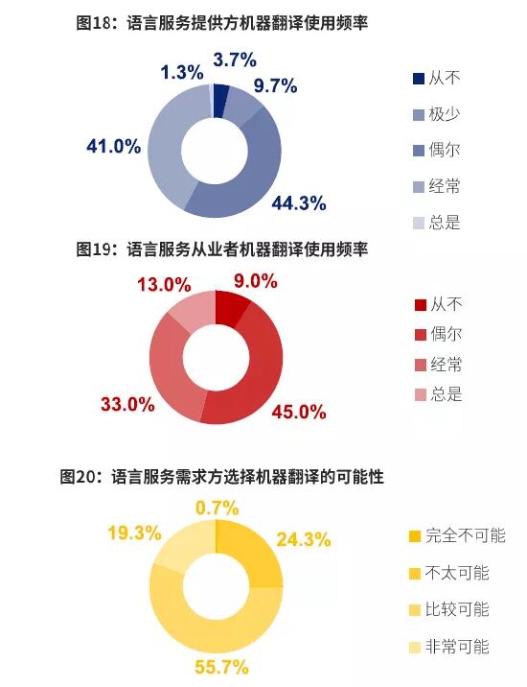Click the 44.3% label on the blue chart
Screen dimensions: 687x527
[299, 203]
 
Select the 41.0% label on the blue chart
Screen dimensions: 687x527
[114, 147]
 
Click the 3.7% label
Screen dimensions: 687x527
[235, 59]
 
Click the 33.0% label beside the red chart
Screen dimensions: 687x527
[128, 404]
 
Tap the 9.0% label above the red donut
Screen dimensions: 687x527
[255, 281]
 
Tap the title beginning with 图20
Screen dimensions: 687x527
[222, 476]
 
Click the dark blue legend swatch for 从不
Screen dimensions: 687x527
[418, 78]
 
